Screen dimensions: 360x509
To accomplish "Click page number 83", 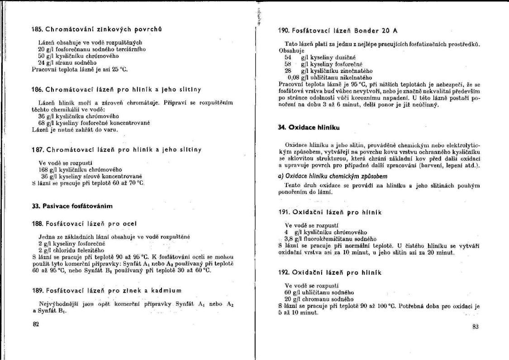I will click(x=475, y=326).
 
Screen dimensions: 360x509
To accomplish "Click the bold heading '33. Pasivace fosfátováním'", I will click(x=71, y=206).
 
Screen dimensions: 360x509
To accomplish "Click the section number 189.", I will click(x=38, y=290).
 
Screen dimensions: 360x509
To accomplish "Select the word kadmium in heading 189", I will click(x=163, y=290).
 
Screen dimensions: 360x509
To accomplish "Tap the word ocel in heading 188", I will click(x=128, y=224).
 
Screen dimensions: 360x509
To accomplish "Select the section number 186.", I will click(x=37, y=89).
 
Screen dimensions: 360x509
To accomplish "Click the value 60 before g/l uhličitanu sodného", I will click(x=289, y=293).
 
